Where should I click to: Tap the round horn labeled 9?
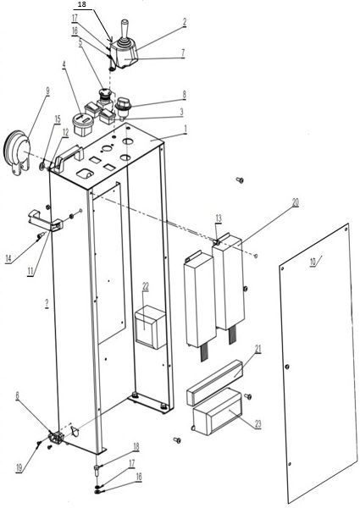16,152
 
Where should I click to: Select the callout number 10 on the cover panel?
313,262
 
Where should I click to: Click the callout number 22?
146,286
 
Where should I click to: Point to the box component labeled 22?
151,327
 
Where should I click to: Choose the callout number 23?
258,424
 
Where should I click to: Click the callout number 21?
258,349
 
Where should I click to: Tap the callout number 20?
295,203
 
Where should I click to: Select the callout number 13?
219,218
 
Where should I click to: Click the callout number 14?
8,258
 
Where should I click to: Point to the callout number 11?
30,271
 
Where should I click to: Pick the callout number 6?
18,395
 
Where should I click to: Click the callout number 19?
19,468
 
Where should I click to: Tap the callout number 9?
48,91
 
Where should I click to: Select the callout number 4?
64,65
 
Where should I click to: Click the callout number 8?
184,95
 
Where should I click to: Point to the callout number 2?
185,22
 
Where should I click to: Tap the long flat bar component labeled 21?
215,383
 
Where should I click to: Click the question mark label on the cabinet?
47,304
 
